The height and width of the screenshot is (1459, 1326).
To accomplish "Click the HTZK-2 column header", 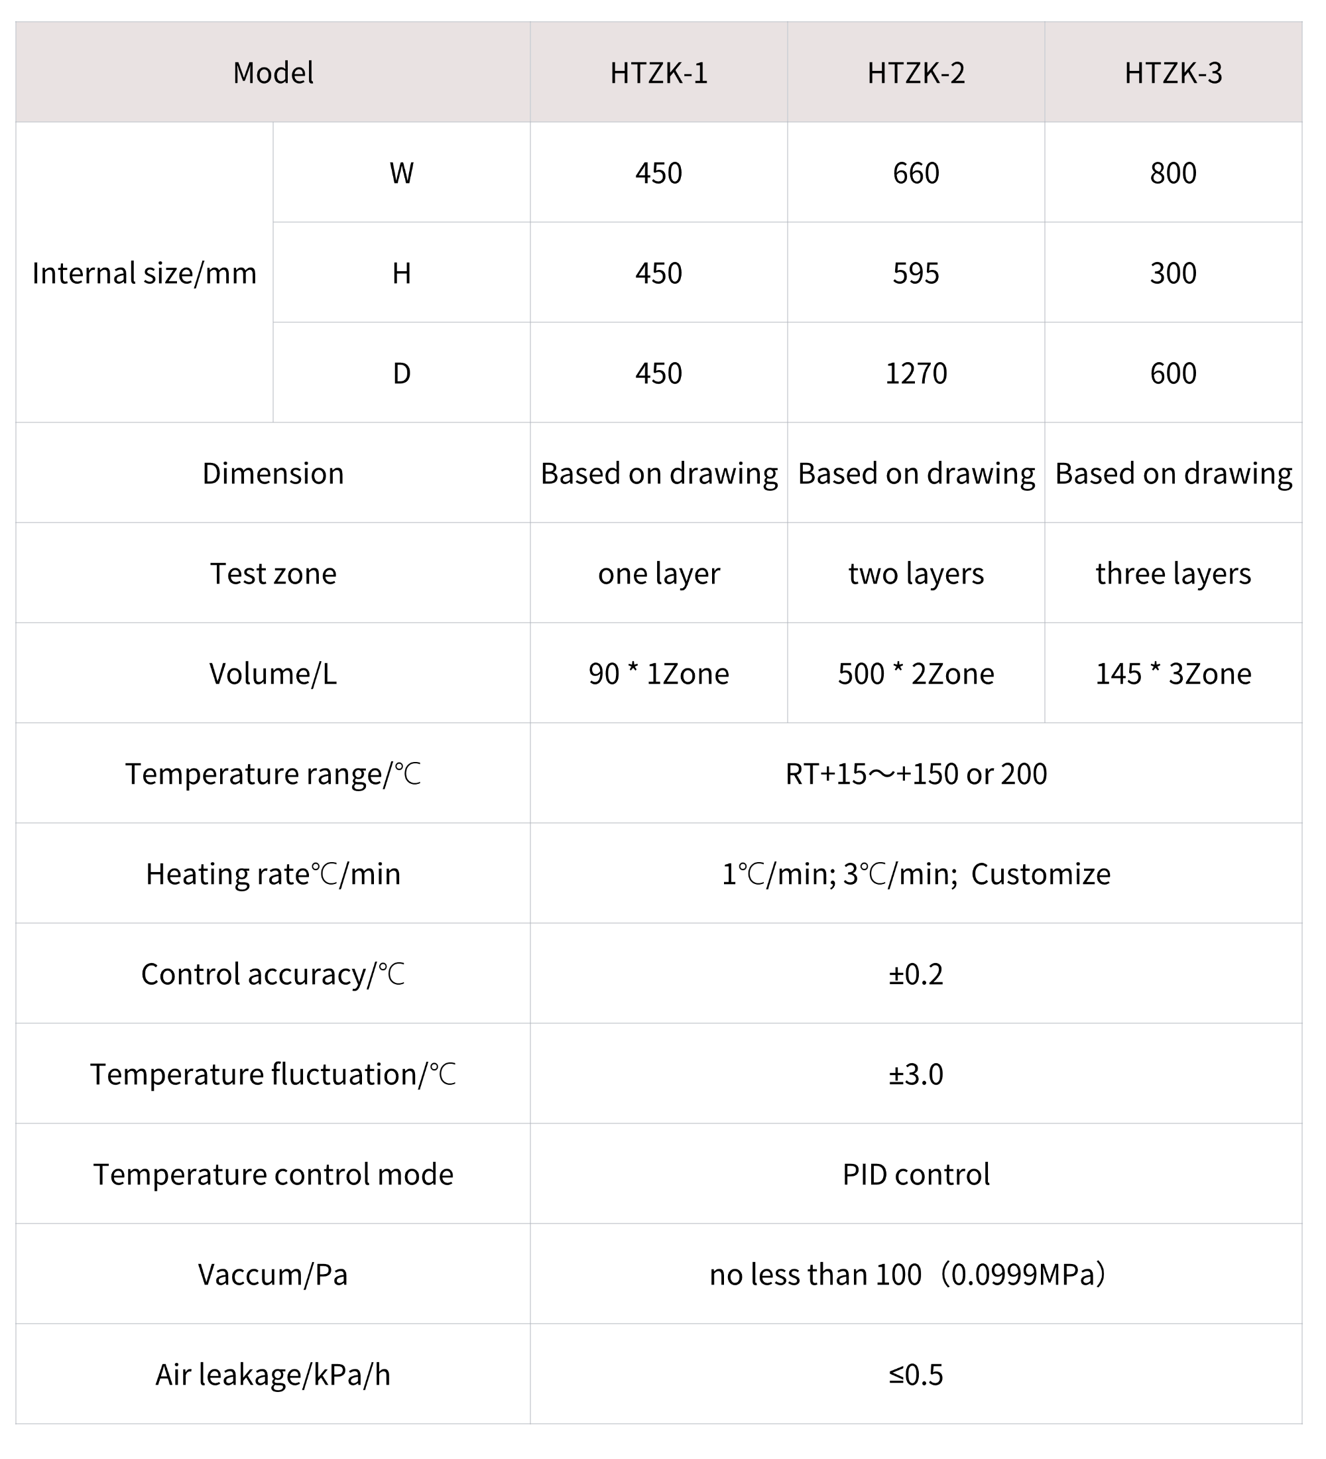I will pyautogui.click(x=916, y=73).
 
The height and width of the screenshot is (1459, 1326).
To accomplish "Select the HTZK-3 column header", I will pyautogui.click(x=1173, y=73).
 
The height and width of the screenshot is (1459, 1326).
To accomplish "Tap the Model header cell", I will pyautogui.click(x=272, y=73).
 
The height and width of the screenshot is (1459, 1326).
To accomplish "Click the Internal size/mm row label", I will pyautogui.click(x=144, y=273).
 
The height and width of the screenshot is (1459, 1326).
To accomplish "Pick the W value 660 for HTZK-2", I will pyautogui.click(x=916, y=174).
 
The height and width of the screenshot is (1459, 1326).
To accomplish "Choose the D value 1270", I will pyautogui.click(x=916, y=373).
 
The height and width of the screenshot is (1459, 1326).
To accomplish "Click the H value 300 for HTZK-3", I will pyautogui.click(x=1173, y=273).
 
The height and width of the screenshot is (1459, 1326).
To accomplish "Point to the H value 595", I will pyautogui.click(x=916, y=273).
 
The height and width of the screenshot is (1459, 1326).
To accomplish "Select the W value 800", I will pyautogui.click(x=1173, y=174).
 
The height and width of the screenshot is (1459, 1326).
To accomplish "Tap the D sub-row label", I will pyautogui.click(x=402, y=373).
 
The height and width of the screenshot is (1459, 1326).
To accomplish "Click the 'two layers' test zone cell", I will pyautogui.click(x=916, y=574).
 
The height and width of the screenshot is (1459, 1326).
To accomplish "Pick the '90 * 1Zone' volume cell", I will pyautogui.click(x=658, y=674).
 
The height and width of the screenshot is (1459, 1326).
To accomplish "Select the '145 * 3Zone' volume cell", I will pyautogui.click(x=1173, y=674).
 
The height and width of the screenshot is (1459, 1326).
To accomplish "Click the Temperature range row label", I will pyautogui.click(x=272, y=774).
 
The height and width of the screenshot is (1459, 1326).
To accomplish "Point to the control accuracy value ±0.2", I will pyautogui.click(x=916, y=974).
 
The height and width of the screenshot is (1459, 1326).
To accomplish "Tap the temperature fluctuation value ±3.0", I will pyautogui.click(x=916, y=1074).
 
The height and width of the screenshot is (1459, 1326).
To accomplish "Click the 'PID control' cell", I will pyautogui.click(x=916, y=1174).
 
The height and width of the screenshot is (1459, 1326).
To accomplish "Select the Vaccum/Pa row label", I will pyautogui.click(x=272, y=1275).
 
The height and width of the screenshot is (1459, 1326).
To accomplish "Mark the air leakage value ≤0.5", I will pyautogui.click(x=916, y=1374).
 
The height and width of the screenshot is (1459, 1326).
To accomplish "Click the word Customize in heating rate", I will pyautogui.click(x=1040, y=874).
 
